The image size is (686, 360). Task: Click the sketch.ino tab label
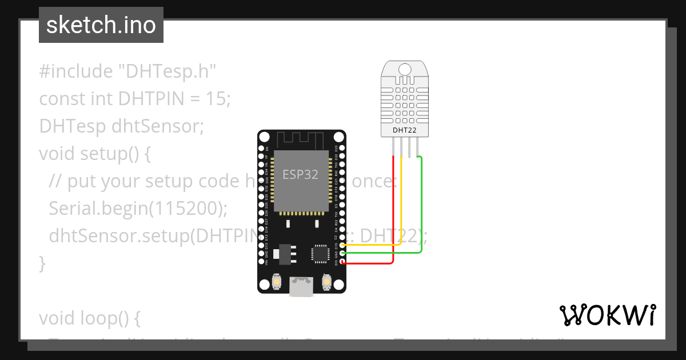[x=101, y=25]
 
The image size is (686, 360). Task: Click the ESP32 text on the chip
[x=300, y=174]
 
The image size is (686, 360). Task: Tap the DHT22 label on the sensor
[x=405, y=131]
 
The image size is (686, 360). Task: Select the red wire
[x=393, y=217]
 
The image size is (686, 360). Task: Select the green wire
[x=421, y=211]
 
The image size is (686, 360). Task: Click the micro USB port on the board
[x=301, y=286]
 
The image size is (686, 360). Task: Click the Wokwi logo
[x=607, y=315]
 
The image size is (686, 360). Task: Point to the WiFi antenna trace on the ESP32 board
[x=301, y=139]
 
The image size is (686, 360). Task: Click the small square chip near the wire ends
[x=320, y=254]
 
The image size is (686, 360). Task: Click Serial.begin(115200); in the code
[x=138, y=208]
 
